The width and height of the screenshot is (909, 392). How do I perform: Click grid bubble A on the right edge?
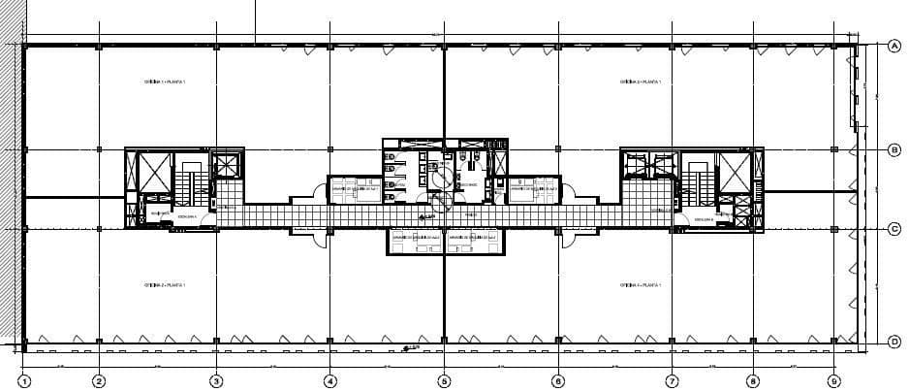[894, 45]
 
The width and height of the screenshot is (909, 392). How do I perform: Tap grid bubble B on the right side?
[894, 149]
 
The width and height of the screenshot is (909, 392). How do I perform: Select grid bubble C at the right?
[894, 230]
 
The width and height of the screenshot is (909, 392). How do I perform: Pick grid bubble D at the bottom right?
[894, 341]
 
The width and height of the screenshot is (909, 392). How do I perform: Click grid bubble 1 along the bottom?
[24, 381]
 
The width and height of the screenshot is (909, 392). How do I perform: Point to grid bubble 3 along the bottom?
[216, 381]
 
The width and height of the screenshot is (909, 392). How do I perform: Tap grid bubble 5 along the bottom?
[444, 381]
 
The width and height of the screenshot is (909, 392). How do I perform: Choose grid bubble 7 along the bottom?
[672, 381]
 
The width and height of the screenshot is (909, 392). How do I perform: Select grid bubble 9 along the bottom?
[834, 381]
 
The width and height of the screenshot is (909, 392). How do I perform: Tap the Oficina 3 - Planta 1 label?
[641, 83]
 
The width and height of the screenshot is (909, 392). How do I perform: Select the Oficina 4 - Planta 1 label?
[641, 285]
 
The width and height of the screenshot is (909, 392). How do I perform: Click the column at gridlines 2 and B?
[99, 149]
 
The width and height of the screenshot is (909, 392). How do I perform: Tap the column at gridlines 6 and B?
[558, 149]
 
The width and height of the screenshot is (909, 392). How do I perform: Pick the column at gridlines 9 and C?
[834, 230]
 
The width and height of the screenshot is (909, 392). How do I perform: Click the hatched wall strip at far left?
[16, 194]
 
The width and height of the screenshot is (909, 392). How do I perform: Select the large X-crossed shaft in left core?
[154, 172]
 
